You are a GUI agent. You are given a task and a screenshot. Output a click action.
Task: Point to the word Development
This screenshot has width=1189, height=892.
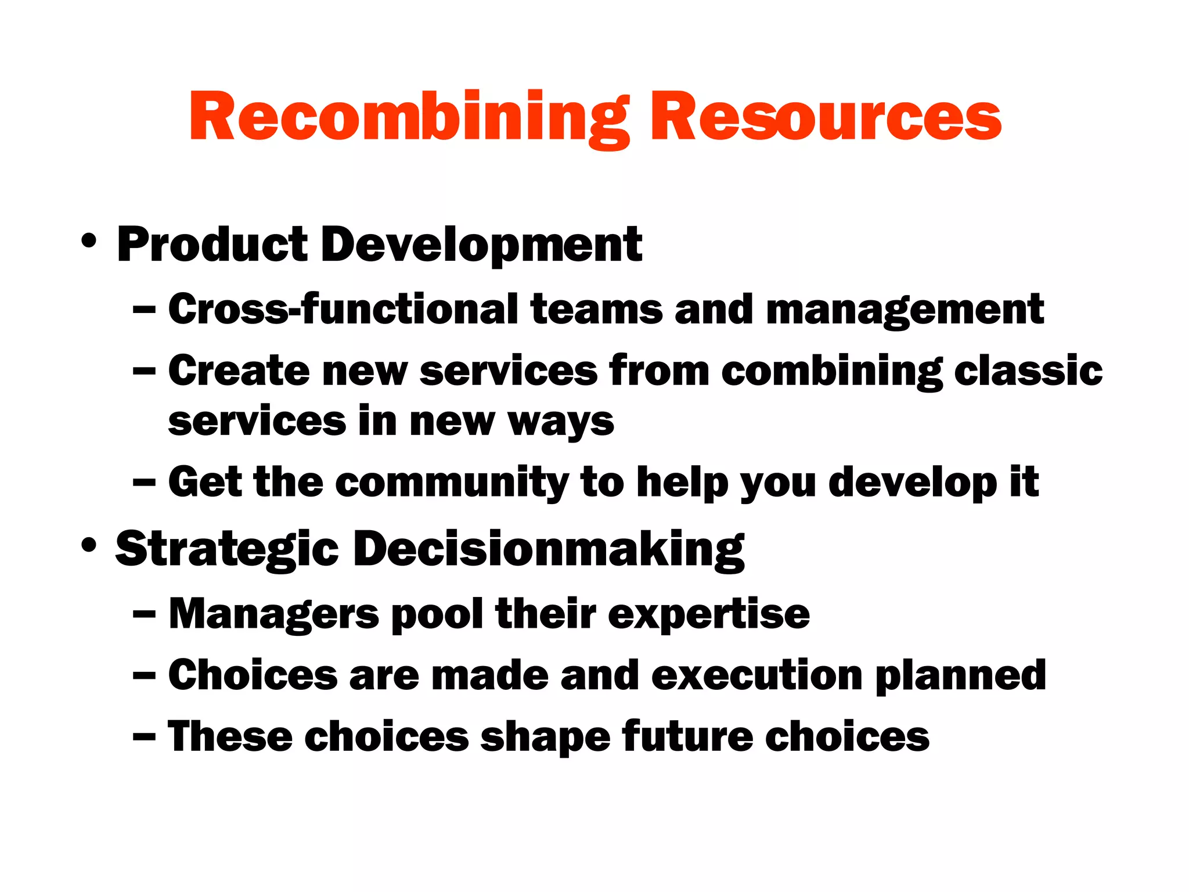coord(481,246)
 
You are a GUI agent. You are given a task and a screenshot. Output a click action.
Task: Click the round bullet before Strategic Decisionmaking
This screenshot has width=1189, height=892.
coord(89,545)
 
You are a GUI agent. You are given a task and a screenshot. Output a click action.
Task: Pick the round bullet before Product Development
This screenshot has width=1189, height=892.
coord(89,240)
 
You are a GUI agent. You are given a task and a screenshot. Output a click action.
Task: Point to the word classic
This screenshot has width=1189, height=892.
coord(1028,371)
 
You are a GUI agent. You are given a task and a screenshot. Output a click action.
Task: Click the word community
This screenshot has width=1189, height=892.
coord(452,483)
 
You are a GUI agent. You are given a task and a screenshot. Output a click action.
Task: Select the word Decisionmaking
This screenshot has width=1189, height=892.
coord(549,550)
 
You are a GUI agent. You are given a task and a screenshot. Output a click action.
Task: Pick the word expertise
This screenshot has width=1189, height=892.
coord(708,614)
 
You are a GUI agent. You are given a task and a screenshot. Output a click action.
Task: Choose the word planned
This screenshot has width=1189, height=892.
coord(960,677)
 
